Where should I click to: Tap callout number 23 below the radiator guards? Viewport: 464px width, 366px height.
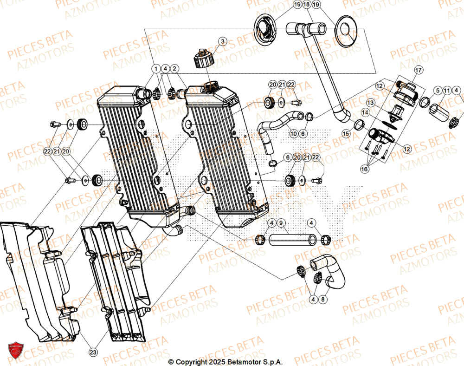click(93, 353)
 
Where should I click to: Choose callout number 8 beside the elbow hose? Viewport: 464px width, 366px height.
click(323, 300)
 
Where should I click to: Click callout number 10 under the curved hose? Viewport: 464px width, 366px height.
click(293, 133)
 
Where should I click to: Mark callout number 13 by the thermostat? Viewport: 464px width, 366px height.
click(370, 102)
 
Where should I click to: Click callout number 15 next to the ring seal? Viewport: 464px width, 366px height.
click(345, 133)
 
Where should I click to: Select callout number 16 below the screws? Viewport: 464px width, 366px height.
click(365, 170)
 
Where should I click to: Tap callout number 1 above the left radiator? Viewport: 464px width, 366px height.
click(155, 69)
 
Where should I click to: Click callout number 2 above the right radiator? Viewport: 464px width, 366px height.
click(174, 69)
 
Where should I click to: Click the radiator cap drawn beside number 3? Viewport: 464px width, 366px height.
click(203, 59)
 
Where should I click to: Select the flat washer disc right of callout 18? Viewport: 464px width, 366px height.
click(345, 30)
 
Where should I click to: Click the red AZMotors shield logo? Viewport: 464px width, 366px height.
click(15, 351)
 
